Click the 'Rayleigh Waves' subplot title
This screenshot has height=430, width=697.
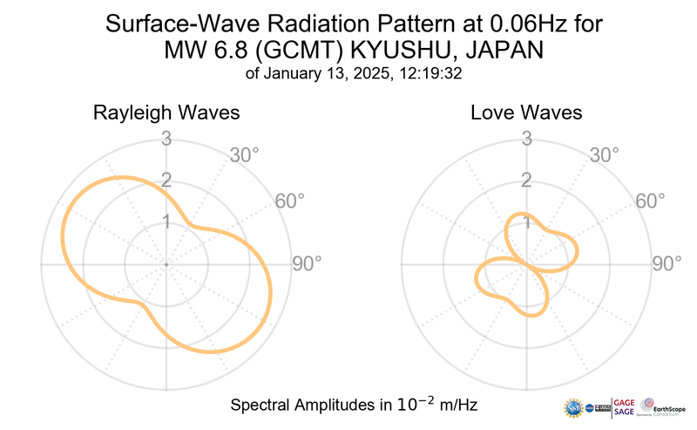click(x=166, y=113)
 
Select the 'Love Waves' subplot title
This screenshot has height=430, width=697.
click(x=526, y=113)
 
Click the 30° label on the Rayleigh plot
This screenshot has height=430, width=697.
click(x=244, y=156)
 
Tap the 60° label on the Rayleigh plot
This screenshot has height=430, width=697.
click(x=291, y=201)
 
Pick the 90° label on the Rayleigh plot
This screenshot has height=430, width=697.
click(x=308, y=263)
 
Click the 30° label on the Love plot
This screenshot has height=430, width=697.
click(x=605, y=156)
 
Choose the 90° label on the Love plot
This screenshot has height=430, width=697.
click(x=668, y=263)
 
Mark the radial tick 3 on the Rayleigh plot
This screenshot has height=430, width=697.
click(x=166, y=139)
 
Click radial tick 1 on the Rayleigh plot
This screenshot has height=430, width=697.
click(x=166, y=222)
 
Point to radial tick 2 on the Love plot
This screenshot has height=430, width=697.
click(x=526, y=181)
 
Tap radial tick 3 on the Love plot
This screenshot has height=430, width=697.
click(x=526, y=139)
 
